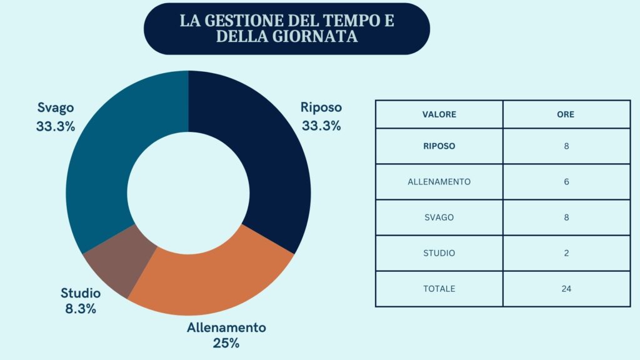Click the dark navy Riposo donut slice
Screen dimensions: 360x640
coord(262,156)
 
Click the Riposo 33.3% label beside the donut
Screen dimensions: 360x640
coord(321,116)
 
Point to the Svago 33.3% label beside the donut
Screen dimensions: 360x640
coord(55,117)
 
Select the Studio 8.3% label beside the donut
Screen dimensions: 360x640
coord(80,301)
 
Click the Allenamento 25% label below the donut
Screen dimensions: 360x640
coord(226,335)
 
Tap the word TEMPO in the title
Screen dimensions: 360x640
coord(350,21)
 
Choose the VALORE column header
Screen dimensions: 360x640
coord(439,114)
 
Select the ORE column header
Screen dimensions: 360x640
coord(566,114)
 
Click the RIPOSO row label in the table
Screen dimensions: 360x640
coord(439,146)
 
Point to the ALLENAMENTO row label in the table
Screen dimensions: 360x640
coord(439,182)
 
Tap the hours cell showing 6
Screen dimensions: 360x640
coord(566,182)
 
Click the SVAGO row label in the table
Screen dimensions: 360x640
coord(439,217)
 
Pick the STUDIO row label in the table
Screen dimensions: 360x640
coord(439,253)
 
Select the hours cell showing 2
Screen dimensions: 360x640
coord(566,253)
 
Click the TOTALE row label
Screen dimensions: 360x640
coord(439,289)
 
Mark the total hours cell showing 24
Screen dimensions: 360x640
coord(566,289)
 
